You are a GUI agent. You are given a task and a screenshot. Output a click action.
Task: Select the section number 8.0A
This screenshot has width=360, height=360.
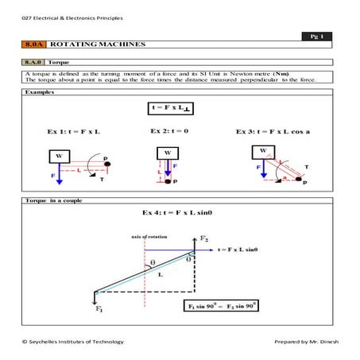pyautogui.click(x=33, y=46)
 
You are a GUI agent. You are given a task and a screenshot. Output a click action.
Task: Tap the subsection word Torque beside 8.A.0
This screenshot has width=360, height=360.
pyautogui.click(x=59, y=61)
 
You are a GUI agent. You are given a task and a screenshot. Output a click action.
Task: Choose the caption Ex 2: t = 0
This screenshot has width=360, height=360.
pyautogui.click(x=168, y=130)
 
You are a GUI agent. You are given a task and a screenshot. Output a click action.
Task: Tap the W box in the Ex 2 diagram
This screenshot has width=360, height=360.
pyautogui.click(x=168, y=152)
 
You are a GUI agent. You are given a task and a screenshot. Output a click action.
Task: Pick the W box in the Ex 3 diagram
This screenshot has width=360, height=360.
pyautogui.click(x=261, y=151)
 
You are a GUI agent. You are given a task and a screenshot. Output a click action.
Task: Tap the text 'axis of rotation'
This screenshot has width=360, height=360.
pyautogui.click(x=145, y=237)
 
